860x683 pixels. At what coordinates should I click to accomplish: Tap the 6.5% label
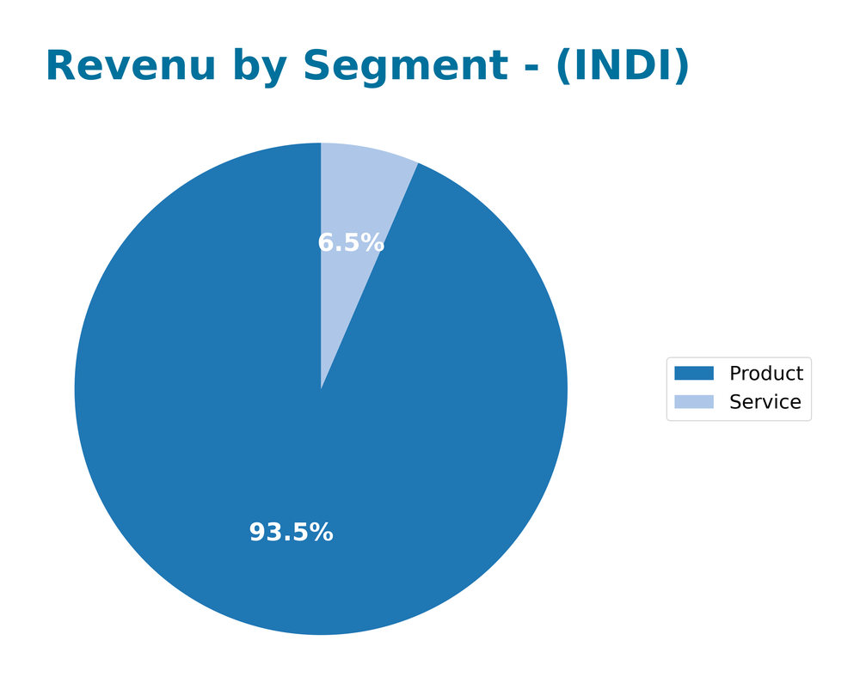[x=351, y=243]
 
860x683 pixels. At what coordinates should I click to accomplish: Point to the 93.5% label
[x=291, y=533]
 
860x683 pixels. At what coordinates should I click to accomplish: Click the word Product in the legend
[x=765, y=374]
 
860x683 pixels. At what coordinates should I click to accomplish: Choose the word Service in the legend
[x=765, y=402]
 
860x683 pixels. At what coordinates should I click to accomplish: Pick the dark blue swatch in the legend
[x=694, y=374]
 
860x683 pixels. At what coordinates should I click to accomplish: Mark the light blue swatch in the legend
[x=694, y=402]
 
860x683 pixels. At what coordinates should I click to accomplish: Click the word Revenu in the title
[x=130, y=67]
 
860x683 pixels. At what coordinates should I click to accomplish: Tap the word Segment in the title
[x=404, y=67]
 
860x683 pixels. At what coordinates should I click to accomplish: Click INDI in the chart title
[x=622, y=67]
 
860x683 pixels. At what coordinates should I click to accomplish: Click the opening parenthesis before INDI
[x=564, y=67]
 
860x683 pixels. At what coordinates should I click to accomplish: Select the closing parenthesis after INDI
[x=680, y=67]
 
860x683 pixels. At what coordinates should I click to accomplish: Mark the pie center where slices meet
[x=321, y=389]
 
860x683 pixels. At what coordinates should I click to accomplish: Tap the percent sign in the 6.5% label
[x=372, y=243]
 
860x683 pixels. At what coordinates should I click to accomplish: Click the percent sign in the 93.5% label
[x=321, y=533]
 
